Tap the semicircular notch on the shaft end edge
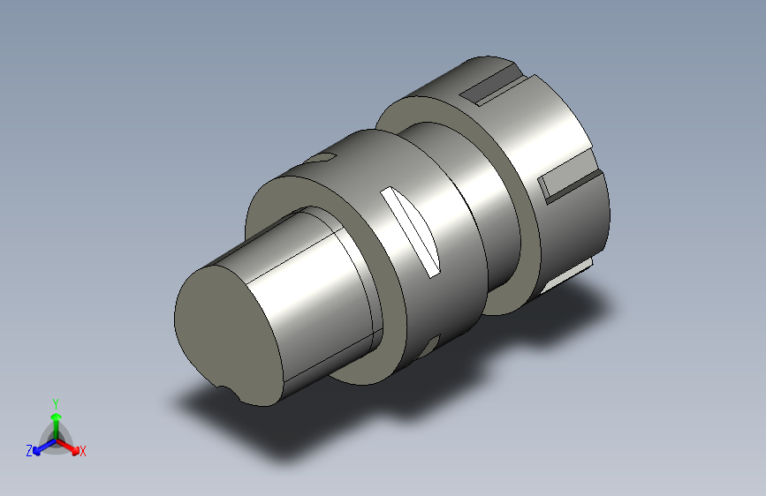point(228,392)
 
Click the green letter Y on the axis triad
point(56,404)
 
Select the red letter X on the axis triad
point(82,451)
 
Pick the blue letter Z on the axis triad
point(29,451)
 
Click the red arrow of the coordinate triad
point(68,447)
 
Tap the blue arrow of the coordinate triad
point(44,447)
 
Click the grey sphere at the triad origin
point(57,440)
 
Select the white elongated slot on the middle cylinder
point(410,232)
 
